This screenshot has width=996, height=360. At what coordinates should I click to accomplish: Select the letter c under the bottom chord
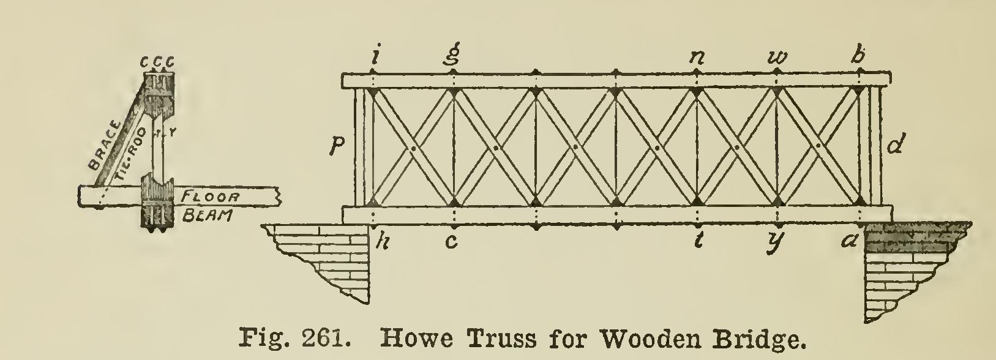pyautogui.click(x=451, y=242)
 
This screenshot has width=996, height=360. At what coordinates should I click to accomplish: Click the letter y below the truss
pyautogui.click(x=777, y=243)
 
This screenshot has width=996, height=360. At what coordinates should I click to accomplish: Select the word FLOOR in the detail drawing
pyautogui.click(x=209, y=197)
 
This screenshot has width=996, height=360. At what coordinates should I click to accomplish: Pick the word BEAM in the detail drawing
pyautogui.click(x=205, y=216)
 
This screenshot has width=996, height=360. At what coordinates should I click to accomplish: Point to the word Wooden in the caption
pyautogui.click(x=636, y=338)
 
